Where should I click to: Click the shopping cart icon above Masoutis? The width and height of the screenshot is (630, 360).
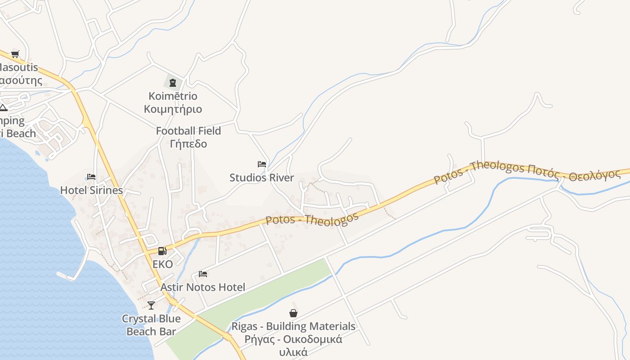click(x=15, y=54)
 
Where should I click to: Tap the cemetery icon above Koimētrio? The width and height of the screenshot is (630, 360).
click(x=173, y=82)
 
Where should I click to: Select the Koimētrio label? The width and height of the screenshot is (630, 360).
click(x=173, y=96)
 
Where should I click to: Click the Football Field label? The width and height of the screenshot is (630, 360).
click(x=188, y=131)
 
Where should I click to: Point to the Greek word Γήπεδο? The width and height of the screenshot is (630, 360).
click(x=188, y=144)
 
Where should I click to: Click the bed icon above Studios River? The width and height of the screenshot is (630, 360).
click(x=262, y=164)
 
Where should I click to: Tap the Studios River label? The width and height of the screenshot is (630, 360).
click(x=261, y=178)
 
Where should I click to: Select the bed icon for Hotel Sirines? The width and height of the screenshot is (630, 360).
click(x=91, y=177)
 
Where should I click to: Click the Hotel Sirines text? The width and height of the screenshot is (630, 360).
click(x=91, y=190)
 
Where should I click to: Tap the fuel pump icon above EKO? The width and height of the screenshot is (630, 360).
click(x=162, y=251)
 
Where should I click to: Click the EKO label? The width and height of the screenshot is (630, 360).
click(x=162, y=264)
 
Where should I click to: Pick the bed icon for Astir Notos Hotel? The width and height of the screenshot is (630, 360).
click(x=203, y=274)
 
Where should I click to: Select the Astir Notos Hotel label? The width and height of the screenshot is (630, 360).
click(x=203, y=287)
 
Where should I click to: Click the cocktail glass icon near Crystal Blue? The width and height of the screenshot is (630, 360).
click(x=151, y=306)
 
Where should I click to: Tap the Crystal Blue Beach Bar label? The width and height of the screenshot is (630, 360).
click(x=151, y=325)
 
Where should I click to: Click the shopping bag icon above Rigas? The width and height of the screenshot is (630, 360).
click(x=293, y=313)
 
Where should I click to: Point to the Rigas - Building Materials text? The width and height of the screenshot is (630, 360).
click(x=293, y=326)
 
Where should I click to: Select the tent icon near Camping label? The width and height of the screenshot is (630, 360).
click(x=3, y=108)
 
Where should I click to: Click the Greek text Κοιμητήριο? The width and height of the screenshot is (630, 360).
click(x=173, y=109)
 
